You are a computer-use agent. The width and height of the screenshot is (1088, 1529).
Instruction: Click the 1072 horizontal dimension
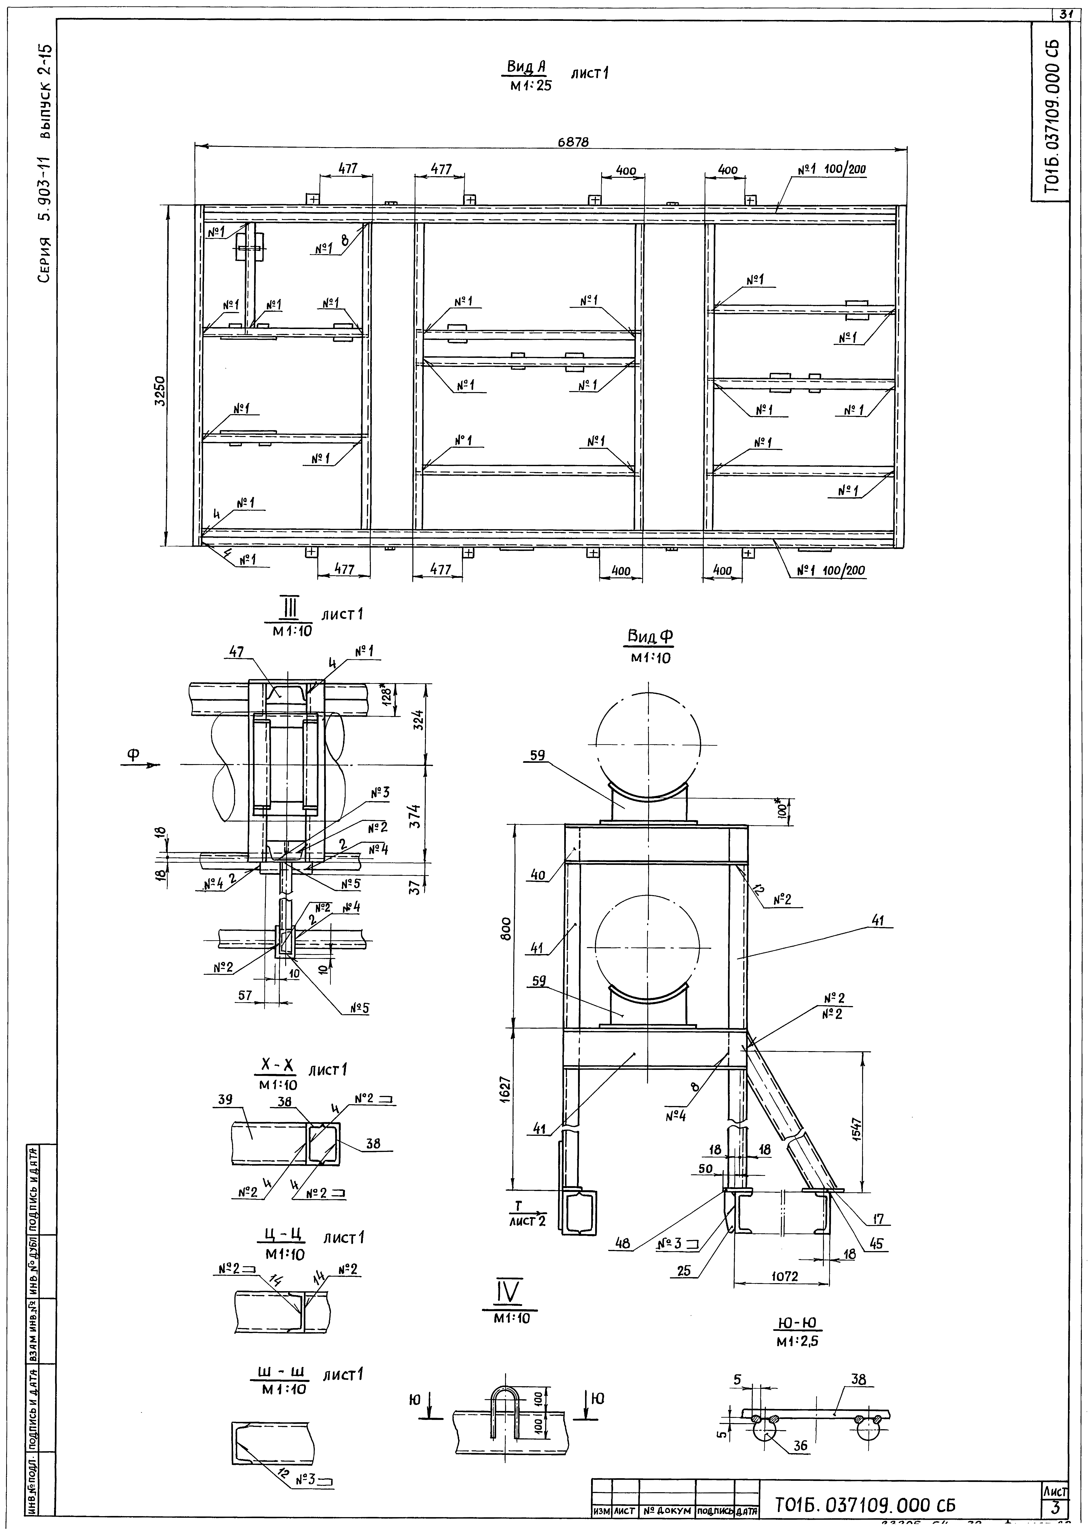click(x=784, y=1276)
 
